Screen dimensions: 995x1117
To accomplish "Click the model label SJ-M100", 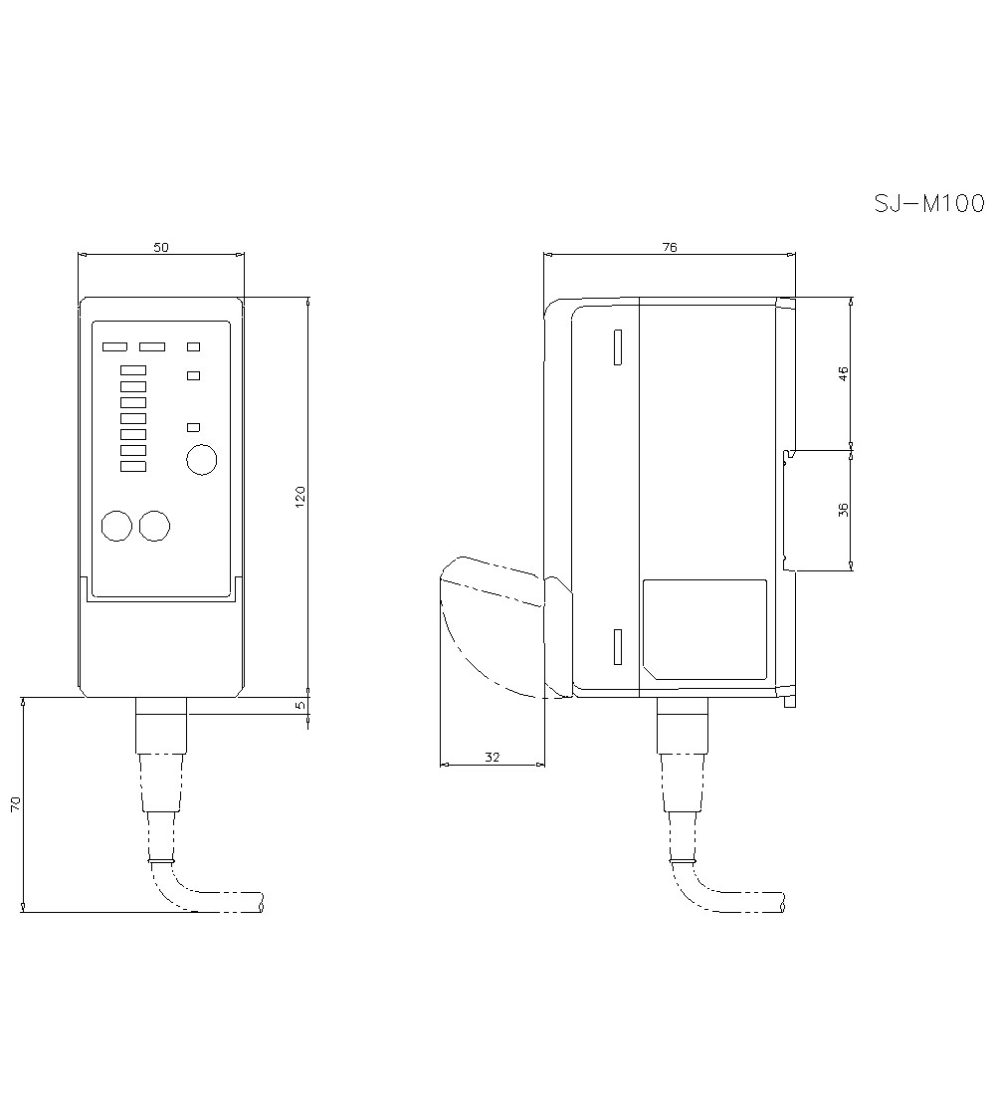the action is coord(929,204).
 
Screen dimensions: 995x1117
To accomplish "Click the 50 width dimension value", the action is coord(161,247).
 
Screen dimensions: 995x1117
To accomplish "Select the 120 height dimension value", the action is coord(299,496).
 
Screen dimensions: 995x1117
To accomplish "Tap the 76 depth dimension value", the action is coord(670,247).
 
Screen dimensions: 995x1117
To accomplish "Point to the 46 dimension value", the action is coord(844,373).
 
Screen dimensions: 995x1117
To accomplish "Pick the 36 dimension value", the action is coord(844,510).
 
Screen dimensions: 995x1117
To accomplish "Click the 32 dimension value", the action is coord(492,758).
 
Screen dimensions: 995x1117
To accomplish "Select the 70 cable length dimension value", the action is coord(15,804).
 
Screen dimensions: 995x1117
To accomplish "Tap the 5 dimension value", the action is coord(299,705).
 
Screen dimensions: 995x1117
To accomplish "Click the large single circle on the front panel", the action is coord(201,460).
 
